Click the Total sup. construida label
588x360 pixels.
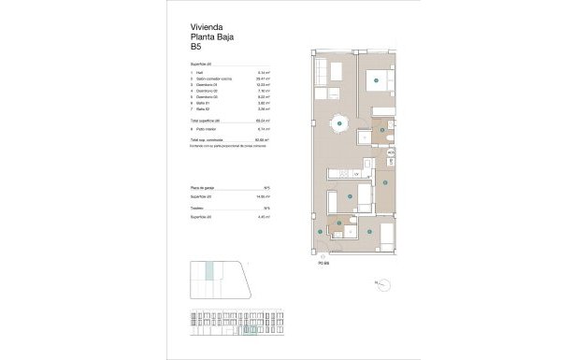click(211, 138)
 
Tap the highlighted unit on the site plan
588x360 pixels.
click(210, 272)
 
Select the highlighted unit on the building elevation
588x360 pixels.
click(250, 329)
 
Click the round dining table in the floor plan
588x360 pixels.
click(338, 118)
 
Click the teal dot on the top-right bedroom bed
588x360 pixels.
click(375, 82)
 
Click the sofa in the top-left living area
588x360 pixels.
click(321, 71)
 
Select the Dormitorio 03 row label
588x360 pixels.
click(208, 96)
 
